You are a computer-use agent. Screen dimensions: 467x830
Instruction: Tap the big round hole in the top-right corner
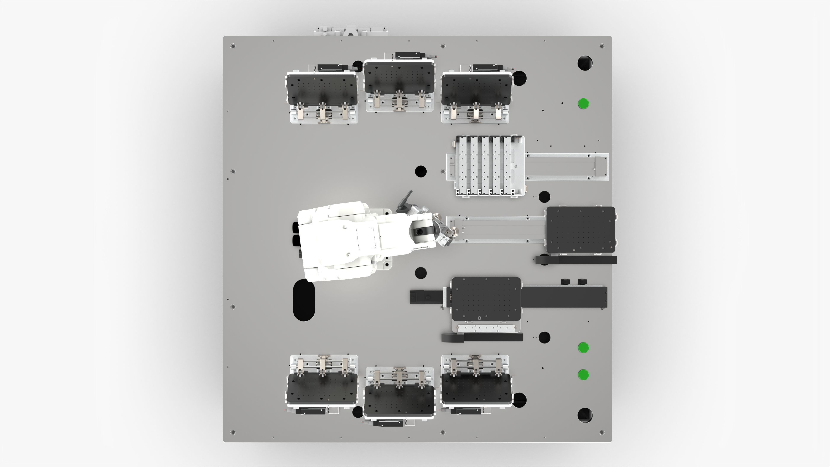tap(585, 63)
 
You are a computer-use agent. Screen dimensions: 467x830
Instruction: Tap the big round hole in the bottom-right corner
tap(585, 415)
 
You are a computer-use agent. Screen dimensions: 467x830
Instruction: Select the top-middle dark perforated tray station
tap(399, 77)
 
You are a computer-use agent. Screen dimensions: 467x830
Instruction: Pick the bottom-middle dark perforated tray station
tap(399, 401)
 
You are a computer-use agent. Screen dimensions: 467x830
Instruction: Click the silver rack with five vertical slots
tap(485, 166)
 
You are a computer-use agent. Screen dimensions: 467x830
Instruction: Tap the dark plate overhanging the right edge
tap(581, 229)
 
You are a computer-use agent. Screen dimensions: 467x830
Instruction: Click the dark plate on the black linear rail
tap(486, 299)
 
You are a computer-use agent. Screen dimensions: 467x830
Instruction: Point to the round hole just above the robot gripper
tap(420, 171)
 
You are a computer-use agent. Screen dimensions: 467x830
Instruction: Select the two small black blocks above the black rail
tap(574, 282)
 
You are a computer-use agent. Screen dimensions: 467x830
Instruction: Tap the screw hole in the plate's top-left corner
tap(233, 46)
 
